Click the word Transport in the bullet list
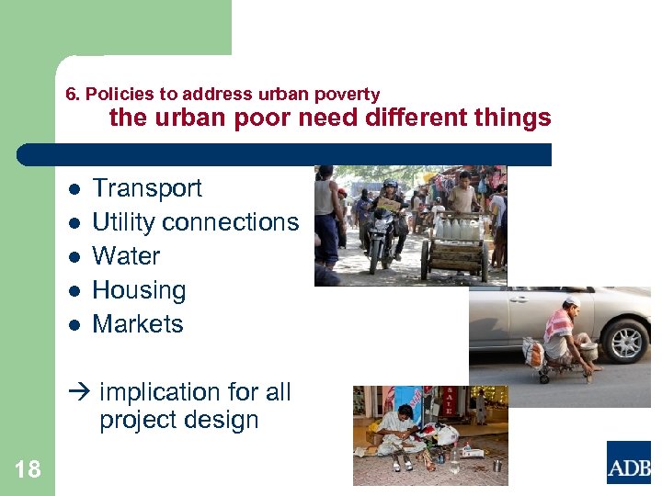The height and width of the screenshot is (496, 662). point(147,188)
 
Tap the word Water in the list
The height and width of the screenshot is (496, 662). point(126,256)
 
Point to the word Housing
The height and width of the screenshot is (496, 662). point(139,290)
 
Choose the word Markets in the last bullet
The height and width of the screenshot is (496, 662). point(138,324)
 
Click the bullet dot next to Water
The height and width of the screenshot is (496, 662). point(74,257)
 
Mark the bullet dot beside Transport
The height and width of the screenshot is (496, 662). point(74,189)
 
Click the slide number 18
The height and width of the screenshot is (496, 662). point(28,470)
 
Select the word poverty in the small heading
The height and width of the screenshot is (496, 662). point(348,94)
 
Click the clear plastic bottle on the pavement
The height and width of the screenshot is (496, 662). point(454,462)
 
